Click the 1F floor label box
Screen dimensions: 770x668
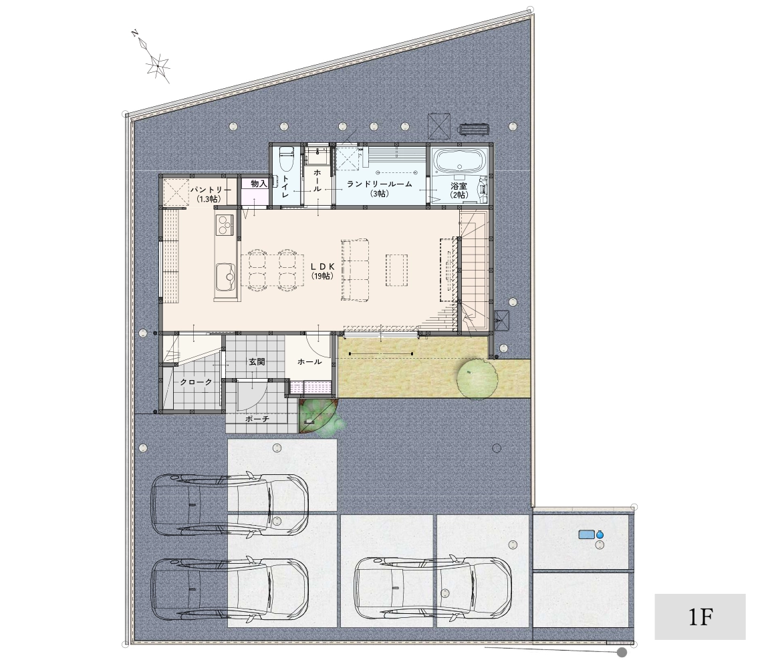[700, 617]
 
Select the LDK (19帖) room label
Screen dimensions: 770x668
[323, 271]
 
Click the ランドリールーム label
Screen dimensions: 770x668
[379, 184]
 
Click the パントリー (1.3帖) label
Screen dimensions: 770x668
[210, 194]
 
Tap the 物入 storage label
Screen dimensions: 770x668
[258, 184]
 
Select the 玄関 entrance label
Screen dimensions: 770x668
[257, 362]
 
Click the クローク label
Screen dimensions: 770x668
[196, 382]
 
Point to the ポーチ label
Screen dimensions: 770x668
[257, 419]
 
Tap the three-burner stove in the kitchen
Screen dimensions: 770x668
[226, 225]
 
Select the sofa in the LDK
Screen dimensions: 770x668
[354, 269]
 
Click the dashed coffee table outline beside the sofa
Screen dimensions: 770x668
[396, 269]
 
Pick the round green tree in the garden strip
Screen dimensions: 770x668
[477, 378]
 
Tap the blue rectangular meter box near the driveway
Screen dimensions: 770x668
[586, 534]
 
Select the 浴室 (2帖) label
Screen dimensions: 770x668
[459, 190]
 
